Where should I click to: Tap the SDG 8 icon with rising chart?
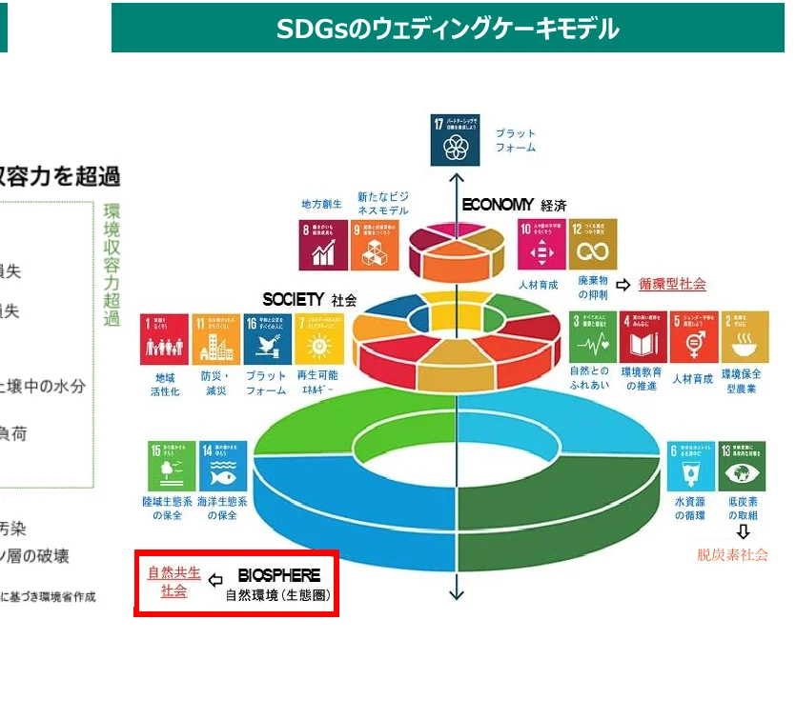[324, 246]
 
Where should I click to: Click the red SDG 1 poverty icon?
[165, 339]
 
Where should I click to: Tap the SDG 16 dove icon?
[266, 339]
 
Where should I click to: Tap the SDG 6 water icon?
[690, 465]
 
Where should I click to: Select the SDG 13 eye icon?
[743, 465]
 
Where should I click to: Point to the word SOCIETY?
[294, 299]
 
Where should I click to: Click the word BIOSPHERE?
[278, 576]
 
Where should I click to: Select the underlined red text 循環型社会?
[672, 284]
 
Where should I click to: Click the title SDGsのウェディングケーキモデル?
[448, 30]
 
